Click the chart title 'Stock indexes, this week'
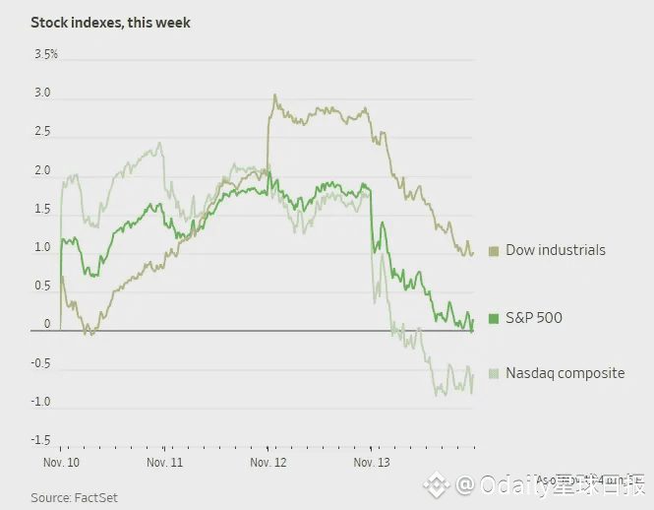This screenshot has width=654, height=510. click(x=110, y=22)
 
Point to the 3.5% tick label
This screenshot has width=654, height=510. click(x=46, y=54)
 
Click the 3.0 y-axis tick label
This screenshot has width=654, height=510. click(x=42, y=94)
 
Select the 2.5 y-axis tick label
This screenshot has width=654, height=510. click(x=42, y=132)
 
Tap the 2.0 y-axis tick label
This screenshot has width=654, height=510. click(x=42, y=170)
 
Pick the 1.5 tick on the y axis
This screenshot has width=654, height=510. click(x=42, y=209)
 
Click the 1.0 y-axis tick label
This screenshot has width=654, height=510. click(x=42, y=247)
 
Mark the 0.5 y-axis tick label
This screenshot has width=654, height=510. click(x=42, y=286)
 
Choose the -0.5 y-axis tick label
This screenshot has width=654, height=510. click(x=40, y=363)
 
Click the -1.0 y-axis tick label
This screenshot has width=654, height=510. click(x=40, y=402)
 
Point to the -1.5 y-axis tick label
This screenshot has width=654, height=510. click(x=40, y=440)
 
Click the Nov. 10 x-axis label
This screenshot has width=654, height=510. click(x=62, y=461)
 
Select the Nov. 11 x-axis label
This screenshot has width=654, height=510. click(x=164, y=461)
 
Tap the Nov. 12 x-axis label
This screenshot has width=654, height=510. click(x=268, y=461)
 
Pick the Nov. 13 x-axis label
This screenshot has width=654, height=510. click(x=371, y=461)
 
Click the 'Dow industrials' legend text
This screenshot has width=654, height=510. click(x=555, y=250)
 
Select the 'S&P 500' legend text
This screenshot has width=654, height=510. click(x=534, y=318)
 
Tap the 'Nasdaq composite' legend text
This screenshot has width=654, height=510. click(x=565, y=373)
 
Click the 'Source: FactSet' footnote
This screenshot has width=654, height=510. click(x=74, y=497)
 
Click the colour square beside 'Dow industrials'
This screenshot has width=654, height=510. click(x=494, y=250)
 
